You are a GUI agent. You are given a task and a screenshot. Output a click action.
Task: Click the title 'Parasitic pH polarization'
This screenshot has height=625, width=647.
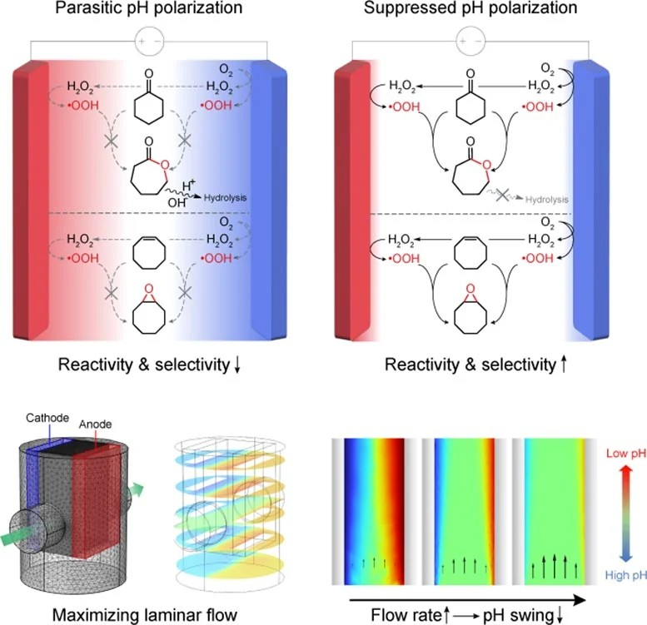point(148,7)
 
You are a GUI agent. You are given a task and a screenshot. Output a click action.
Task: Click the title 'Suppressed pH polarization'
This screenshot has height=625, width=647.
point(470,7)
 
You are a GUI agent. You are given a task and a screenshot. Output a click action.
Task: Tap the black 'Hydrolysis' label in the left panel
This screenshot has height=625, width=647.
point(226,198)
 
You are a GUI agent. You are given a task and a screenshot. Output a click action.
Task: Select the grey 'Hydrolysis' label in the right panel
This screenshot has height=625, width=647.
point(547,200)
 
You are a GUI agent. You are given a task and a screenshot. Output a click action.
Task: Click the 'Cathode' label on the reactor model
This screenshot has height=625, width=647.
point(47,418)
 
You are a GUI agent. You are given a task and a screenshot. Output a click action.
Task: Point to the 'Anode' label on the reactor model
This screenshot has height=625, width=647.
point(95,424)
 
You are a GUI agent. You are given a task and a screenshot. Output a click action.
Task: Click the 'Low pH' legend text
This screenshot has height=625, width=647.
point(626,454)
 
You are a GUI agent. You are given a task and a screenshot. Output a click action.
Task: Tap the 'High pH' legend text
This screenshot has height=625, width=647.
point(625,575)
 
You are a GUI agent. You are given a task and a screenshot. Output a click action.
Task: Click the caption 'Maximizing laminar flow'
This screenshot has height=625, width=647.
point(145,615)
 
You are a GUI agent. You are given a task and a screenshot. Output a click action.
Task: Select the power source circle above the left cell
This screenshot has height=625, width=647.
point(149,42)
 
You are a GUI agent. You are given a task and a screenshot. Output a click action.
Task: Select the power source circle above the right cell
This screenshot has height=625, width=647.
point(470,42)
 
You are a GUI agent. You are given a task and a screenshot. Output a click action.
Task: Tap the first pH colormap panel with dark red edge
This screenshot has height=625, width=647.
point(374,511)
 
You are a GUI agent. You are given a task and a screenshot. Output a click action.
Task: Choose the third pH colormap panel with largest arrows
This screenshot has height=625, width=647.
point(555,511)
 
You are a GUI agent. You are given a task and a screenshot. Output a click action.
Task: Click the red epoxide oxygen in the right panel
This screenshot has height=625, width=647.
point(470,289)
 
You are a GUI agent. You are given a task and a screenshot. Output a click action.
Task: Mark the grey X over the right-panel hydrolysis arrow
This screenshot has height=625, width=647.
point(502,195)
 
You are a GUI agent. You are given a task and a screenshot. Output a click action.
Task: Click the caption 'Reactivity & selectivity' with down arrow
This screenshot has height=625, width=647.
point(149,365)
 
